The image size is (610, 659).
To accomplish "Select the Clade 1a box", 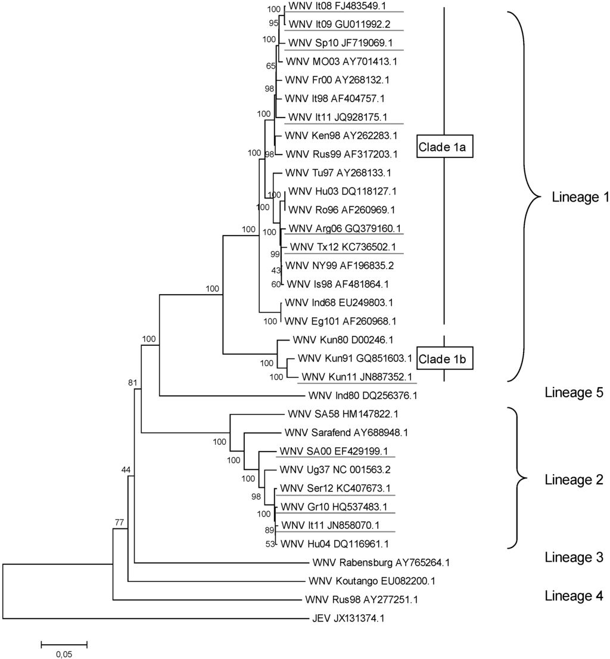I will point(444,146).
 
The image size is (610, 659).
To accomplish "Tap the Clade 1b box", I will point(444,358).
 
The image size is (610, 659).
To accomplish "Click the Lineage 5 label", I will point(574,392).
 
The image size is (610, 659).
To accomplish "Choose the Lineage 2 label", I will point(574,479).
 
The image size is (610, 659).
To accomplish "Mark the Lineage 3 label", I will point(574,557).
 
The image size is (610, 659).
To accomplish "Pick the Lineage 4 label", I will point(574,595).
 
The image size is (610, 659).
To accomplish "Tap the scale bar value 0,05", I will point(64,654).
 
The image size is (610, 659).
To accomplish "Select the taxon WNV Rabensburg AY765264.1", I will point(381,562).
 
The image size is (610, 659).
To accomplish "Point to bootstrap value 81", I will point(133,382).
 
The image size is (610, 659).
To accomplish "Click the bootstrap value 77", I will point(120,523).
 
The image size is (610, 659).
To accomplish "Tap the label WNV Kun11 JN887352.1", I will point(356,377).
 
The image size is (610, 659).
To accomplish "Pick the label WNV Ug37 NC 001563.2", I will point(340,469).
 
